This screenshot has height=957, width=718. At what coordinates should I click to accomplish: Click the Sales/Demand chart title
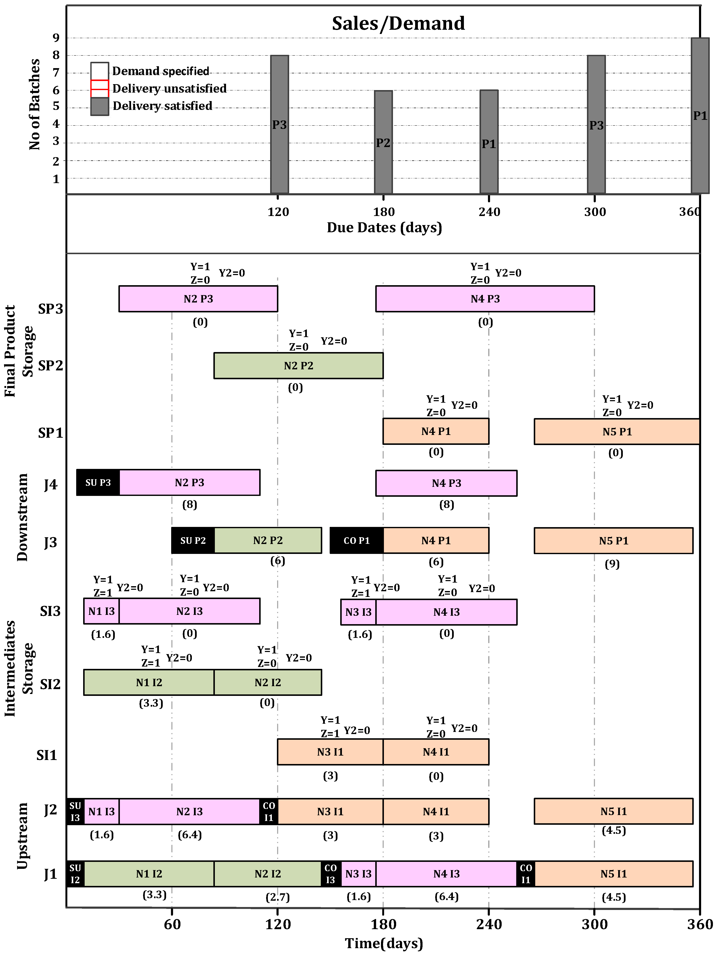coord(398,23)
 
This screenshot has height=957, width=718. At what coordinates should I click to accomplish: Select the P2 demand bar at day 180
coord(383,142)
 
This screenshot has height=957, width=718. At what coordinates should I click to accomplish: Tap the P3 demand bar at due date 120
coord(280,124)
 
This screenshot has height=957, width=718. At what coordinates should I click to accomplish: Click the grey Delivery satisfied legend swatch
coord(100,107)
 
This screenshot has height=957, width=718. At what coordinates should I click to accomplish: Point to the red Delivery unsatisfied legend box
coord(100,89)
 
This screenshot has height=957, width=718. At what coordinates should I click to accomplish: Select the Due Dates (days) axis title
coord(384,228)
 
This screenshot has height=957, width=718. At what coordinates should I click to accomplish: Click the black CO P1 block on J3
coord(357,540)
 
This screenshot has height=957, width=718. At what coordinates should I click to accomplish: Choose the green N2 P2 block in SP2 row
coord(299,366)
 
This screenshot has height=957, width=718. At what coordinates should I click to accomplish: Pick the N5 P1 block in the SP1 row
coord(617,431)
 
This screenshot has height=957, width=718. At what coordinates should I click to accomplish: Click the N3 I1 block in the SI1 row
coord(330,752)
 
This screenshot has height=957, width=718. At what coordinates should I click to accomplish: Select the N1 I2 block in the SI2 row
coord(149,682)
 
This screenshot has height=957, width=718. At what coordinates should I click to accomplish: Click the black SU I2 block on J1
coord(75,873)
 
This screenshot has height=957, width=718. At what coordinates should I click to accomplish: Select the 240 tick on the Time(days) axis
coord(489,924)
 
